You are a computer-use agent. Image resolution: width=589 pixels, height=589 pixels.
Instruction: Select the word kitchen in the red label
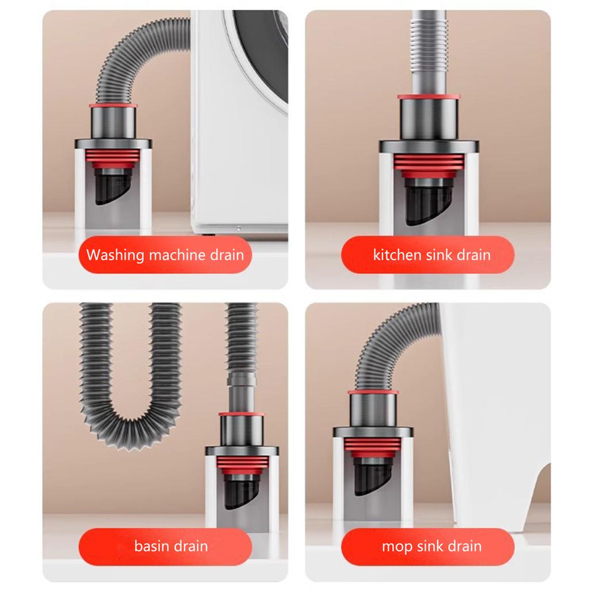pyautogui.click(x=397, y=255)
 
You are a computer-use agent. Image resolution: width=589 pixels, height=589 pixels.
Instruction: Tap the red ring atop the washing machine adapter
pyautogui.click(x=113, y=106)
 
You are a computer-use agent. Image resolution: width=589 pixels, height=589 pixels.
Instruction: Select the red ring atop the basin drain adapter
pyautogui.click(x=242, y=414)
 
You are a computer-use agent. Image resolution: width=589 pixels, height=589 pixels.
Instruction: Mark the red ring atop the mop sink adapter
pyautogui.click(x=373, y=393)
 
